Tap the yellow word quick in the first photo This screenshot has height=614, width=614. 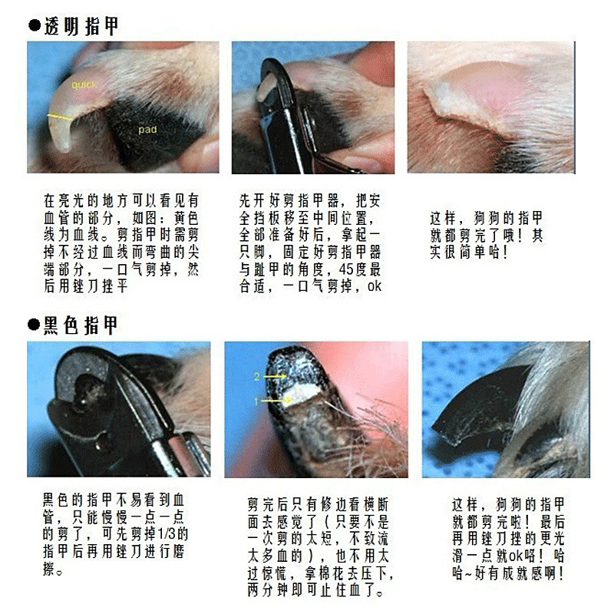(x=84, y=84)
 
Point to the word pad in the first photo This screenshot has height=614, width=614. (x=147, y=130)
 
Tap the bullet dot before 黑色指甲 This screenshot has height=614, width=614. (x=34, y=325)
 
